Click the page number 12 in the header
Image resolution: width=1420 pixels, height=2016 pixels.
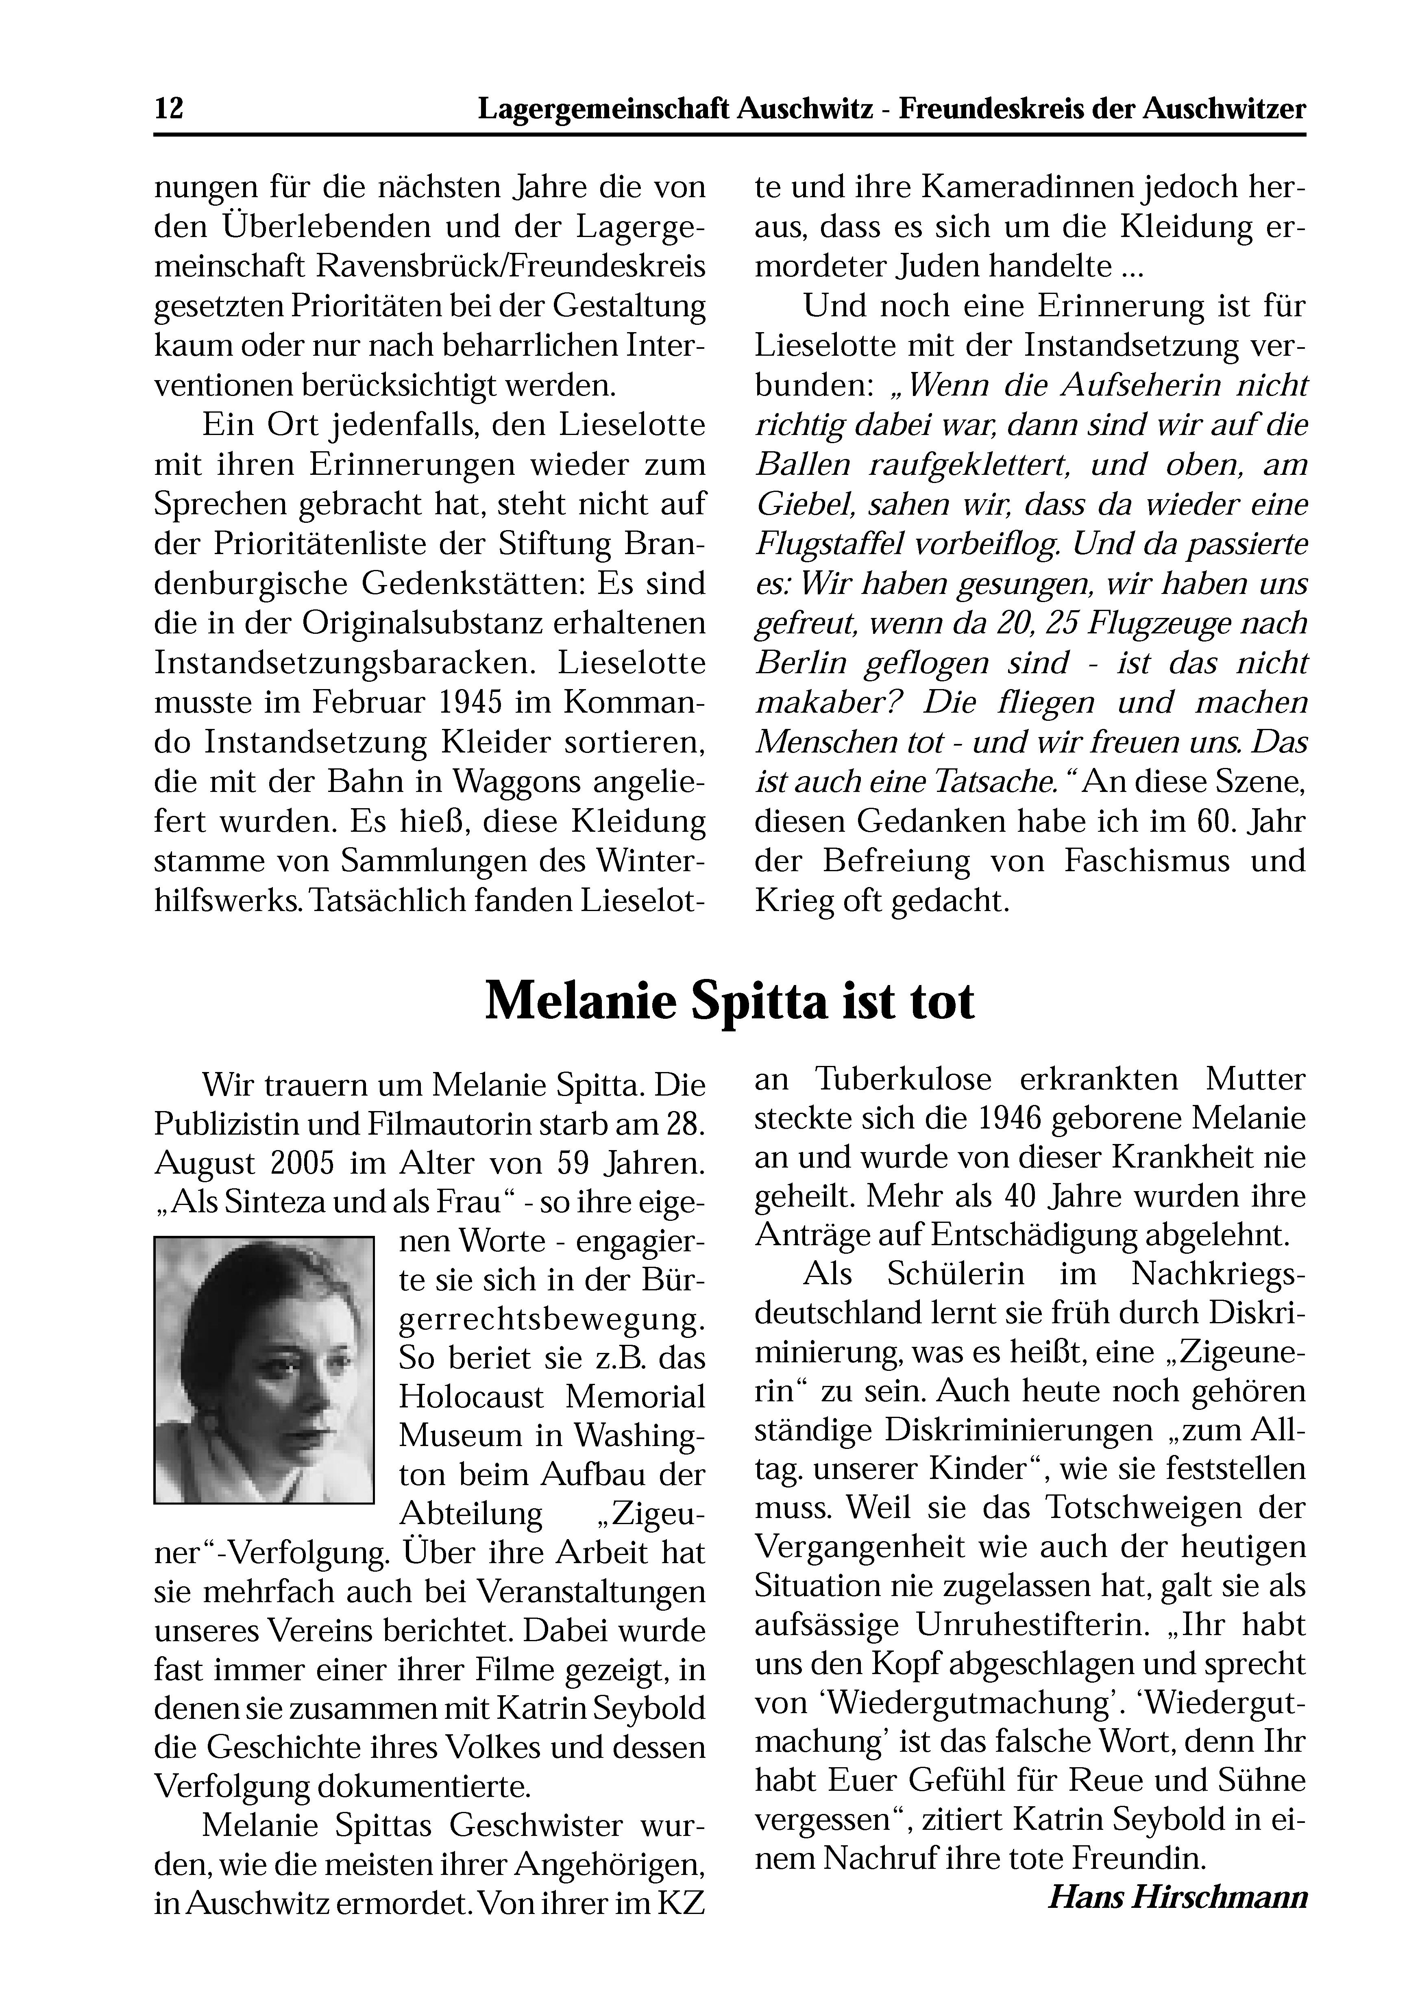tap(169, 109)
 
